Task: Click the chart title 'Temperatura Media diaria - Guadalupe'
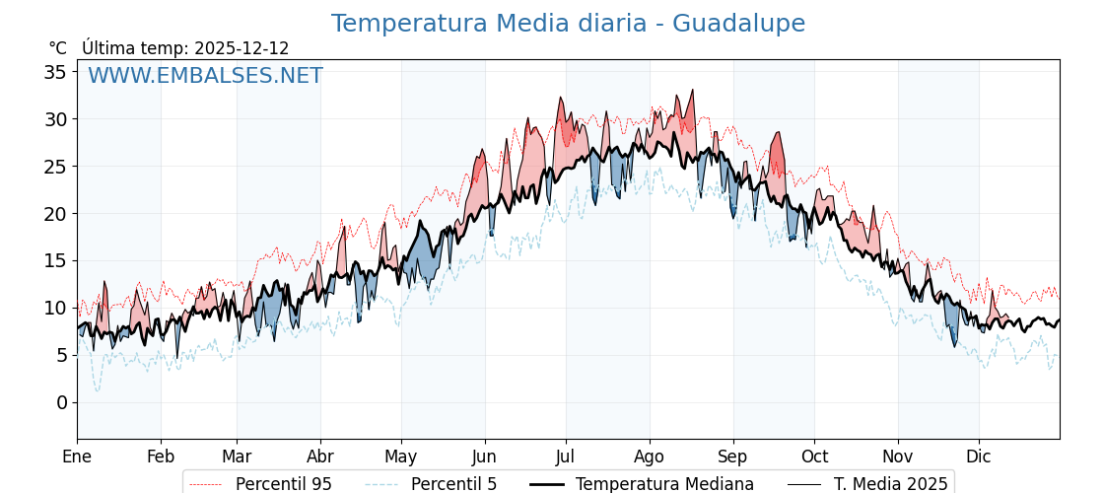[x=568, y=24]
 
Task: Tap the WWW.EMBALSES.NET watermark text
[x=205, y=76]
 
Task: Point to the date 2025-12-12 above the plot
[x=241, y=48]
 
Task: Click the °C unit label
[x=58, y=48]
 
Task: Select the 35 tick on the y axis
[x=55, y=72]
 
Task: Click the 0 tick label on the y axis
[x=61, y=402]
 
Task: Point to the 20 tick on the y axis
[x=55, y=214]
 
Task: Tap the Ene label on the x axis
[x=77, y=457]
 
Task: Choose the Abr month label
[x=320, y=457]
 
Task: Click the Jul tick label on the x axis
[x=566, y=457]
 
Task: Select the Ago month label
[x=650, y=457]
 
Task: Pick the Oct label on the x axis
[x=814, y=457]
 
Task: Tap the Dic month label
[x=979, y=457]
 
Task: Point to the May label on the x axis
[x=401, y=457]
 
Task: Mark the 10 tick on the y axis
[x=55, y=308]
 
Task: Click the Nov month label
[x=898, y=457]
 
